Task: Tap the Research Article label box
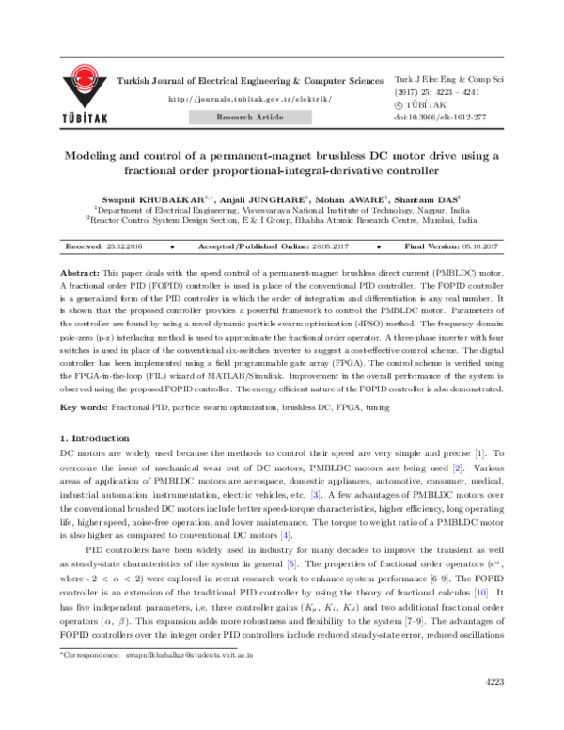click(243, 119)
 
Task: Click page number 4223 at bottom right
click(493, 707)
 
